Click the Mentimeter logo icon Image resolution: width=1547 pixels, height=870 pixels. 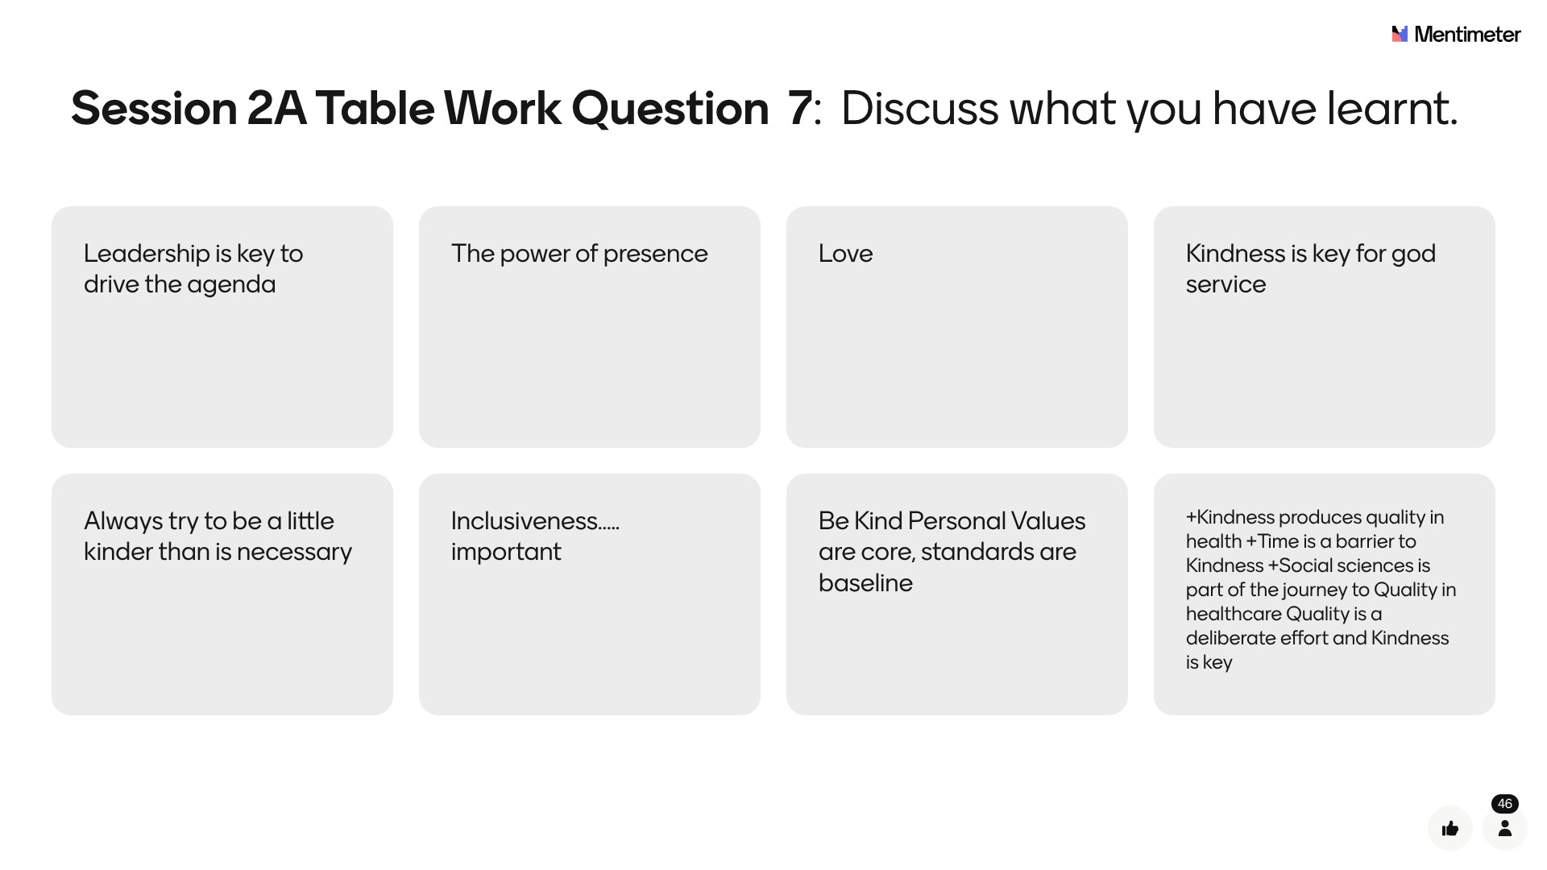coord(1400,34)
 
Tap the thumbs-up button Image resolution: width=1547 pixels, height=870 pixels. coord(1450,828)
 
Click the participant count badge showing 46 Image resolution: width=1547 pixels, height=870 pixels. coord(1504,804)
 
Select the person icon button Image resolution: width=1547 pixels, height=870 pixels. coord(1505,828)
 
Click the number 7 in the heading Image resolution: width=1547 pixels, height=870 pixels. coord(799,108)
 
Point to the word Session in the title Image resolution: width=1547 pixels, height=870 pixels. coord(154,108)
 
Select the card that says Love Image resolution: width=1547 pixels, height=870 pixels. coord(957,327)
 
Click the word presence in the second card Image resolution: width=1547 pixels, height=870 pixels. coord(655,255)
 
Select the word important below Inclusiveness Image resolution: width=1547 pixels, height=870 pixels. coord(506,553)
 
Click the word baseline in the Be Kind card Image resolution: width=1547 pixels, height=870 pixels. coord(865,583)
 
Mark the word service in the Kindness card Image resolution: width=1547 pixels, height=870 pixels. coord(1226,285)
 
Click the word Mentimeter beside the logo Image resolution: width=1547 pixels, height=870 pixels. coord(1467,34)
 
